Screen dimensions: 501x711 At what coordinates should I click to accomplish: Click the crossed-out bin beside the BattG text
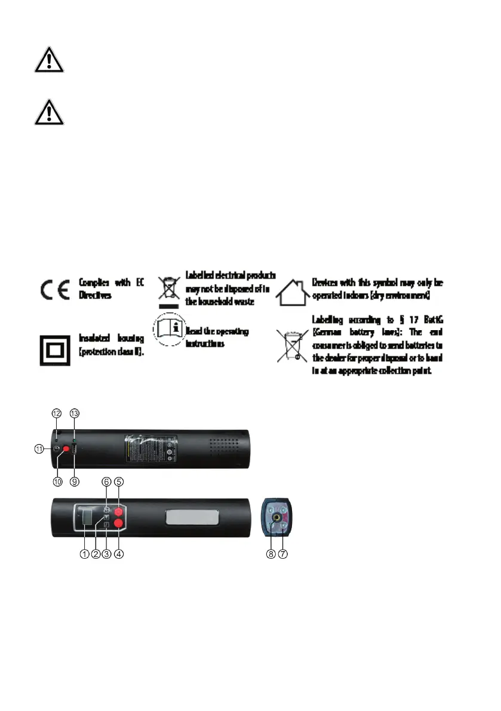292,347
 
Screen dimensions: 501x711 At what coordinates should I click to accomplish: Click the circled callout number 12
57,413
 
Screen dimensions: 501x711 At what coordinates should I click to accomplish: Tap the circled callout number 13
74,413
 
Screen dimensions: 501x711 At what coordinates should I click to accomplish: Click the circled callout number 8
271,553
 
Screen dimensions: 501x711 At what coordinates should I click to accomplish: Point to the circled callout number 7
283,553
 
